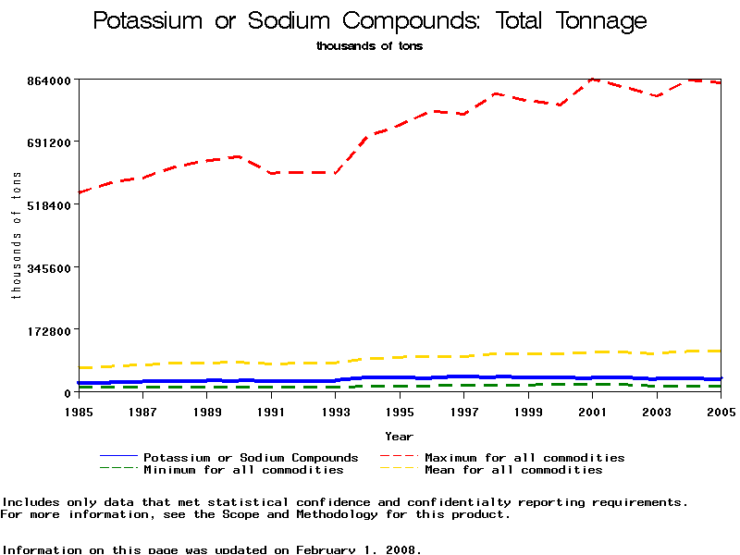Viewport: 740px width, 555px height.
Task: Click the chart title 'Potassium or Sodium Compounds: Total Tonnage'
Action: [370, 21]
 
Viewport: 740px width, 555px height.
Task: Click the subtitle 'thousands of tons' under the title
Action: [369, 45]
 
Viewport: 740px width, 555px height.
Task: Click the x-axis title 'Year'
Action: [399, 436]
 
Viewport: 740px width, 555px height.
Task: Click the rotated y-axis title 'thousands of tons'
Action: [16, 236]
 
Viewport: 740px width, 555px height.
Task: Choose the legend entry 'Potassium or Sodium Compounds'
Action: [251, 458]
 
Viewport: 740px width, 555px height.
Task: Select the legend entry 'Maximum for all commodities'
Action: [524, 458]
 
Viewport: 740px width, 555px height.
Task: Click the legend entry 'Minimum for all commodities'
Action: [243, 470]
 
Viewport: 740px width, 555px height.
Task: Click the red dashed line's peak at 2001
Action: [593, 80]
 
